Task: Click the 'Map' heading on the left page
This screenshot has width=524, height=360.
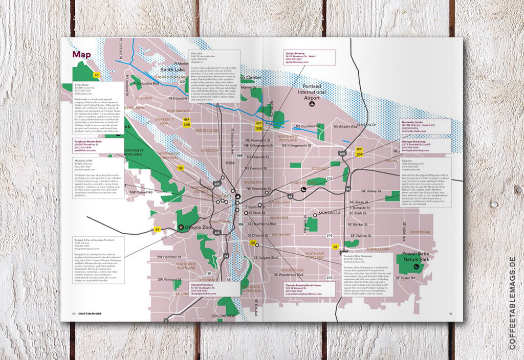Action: (82, 54)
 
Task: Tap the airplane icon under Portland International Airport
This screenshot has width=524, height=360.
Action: (312, 104)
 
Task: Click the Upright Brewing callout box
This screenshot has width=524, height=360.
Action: (309, 57)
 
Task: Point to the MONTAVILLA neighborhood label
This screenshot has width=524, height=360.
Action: (329, 213)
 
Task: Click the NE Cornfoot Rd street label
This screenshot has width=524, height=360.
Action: (304, 126)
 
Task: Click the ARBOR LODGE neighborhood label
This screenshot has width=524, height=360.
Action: (207, 130)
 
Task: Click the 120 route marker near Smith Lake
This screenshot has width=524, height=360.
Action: (181, 81)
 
